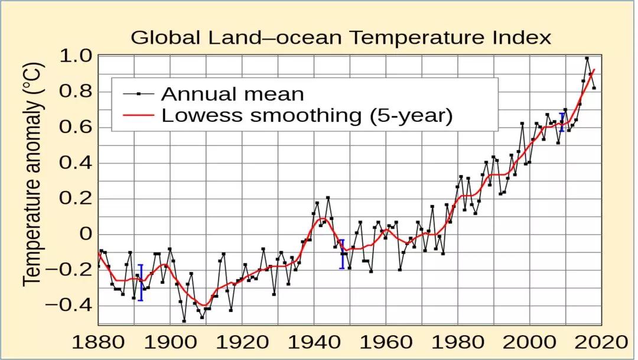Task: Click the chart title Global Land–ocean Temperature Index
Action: pyautogui.click(x=340, y=38)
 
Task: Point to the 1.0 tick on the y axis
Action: pyautogui.click(x=75, y=57)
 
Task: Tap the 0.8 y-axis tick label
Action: pyautogui.click(x=75, y=92)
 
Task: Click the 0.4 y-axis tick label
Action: pyautogui.click(x=75, y=163)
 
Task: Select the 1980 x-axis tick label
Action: pyautogui.click(x=458, y=343)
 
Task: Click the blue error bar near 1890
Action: pyautogui.click(x=141, y=283)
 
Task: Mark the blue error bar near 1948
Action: pyautogui.click(x=341, y=254)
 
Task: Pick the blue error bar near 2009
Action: pyautogui.click(x=562, y=122)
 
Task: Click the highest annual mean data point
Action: pyautogui.click(x=587, y=58)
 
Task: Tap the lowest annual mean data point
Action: pyautogui.click(x=184, y=321)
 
